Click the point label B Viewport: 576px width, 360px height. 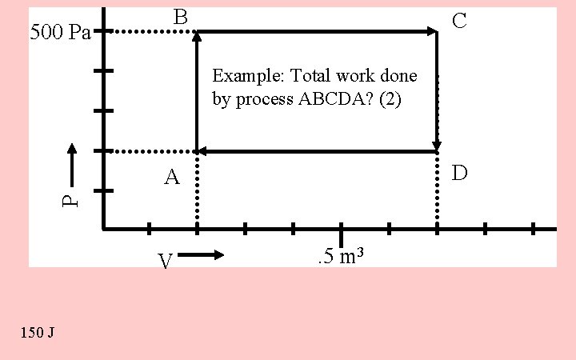pyautogui.click(x=181, y=17)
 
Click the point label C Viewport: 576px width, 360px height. pyautogui.click(x=459, y=21)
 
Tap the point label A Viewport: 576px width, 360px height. pyautogui.click(x=172, y=178)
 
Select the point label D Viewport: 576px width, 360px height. pyautogui.click(x=459, y=174)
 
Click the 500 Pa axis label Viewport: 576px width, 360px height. pyautogui.click(x=60, y=33)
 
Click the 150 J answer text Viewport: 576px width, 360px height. pyautogui.click(x=39, y=332)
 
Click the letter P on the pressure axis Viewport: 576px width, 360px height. pyautogui.click(x=71, y=198)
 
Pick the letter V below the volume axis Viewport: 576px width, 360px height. pyautogui.click(x=166, y=262)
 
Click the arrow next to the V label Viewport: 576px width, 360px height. pyautogui.click(x=202, y=255)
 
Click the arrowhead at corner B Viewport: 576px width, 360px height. pyautogui.click(x=197, y=36)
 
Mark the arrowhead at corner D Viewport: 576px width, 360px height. pyautogui.click(x=437, y=145)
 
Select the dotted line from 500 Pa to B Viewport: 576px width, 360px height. pyautogui.click(x=150, y=32)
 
